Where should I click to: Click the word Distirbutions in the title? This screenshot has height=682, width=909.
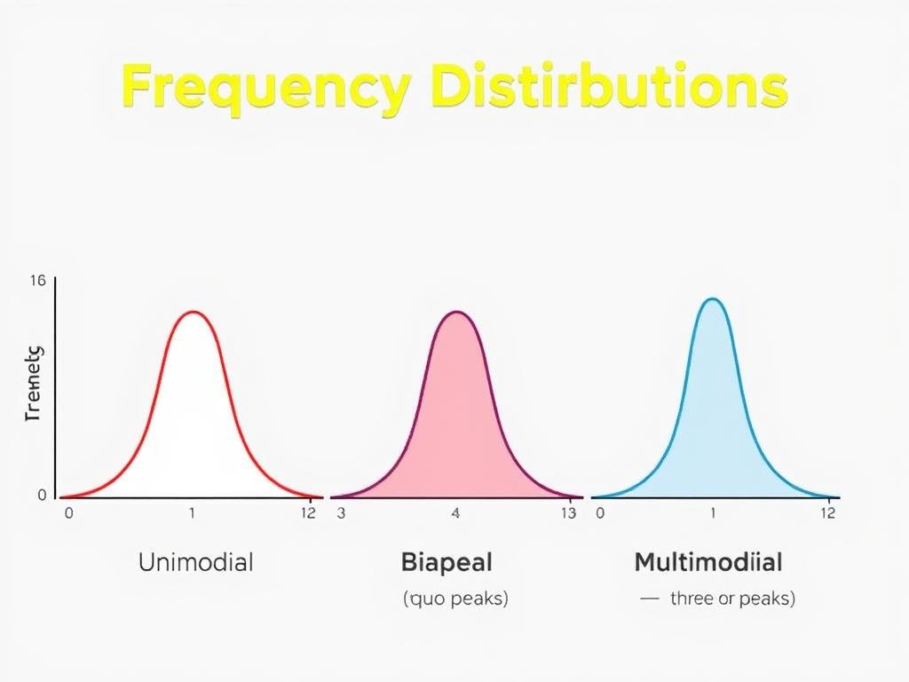(608, 87)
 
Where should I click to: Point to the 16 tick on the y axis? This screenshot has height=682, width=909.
(37, 281)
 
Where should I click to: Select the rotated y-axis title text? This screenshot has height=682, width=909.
(35, 384)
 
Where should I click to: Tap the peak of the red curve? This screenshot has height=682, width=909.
(194, 312)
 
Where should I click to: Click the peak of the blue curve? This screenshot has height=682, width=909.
(712, 298)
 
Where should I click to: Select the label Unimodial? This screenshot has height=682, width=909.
(195, 562)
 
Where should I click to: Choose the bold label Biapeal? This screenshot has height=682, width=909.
(447, 562)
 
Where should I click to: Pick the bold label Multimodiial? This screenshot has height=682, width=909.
(708, 562)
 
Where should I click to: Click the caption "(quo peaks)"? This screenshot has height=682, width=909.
(455, 599)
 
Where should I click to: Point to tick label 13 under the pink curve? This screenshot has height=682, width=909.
(570, 513)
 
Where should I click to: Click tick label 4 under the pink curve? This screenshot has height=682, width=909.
(456, 513)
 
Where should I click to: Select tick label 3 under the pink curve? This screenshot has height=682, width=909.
(340, 513)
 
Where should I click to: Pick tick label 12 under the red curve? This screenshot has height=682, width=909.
(307, 513)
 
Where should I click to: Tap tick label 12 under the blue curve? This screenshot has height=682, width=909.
(827, 513)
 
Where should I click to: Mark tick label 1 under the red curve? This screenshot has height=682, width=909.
(191, 513)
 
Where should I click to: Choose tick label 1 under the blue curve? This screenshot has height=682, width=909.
(712, 513)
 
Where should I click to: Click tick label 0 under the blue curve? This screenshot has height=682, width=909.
(600, 513)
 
